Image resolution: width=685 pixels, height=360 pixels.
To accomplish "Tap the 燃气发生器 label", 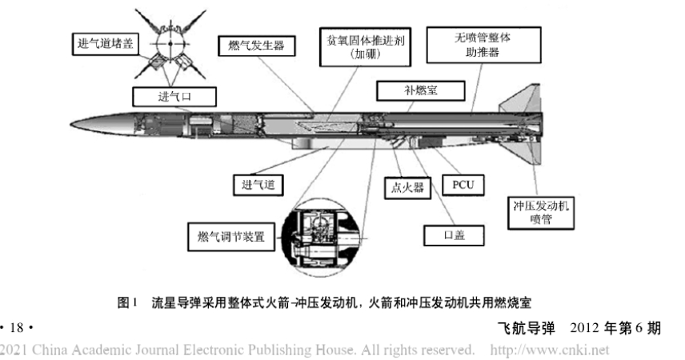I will [255, 46].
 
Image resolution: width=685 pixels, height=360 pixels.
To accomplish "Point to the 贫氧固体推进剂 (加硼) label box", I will [365, 47].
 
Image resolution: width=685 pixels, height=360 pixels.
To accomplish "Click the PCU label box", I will [462, 186].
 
